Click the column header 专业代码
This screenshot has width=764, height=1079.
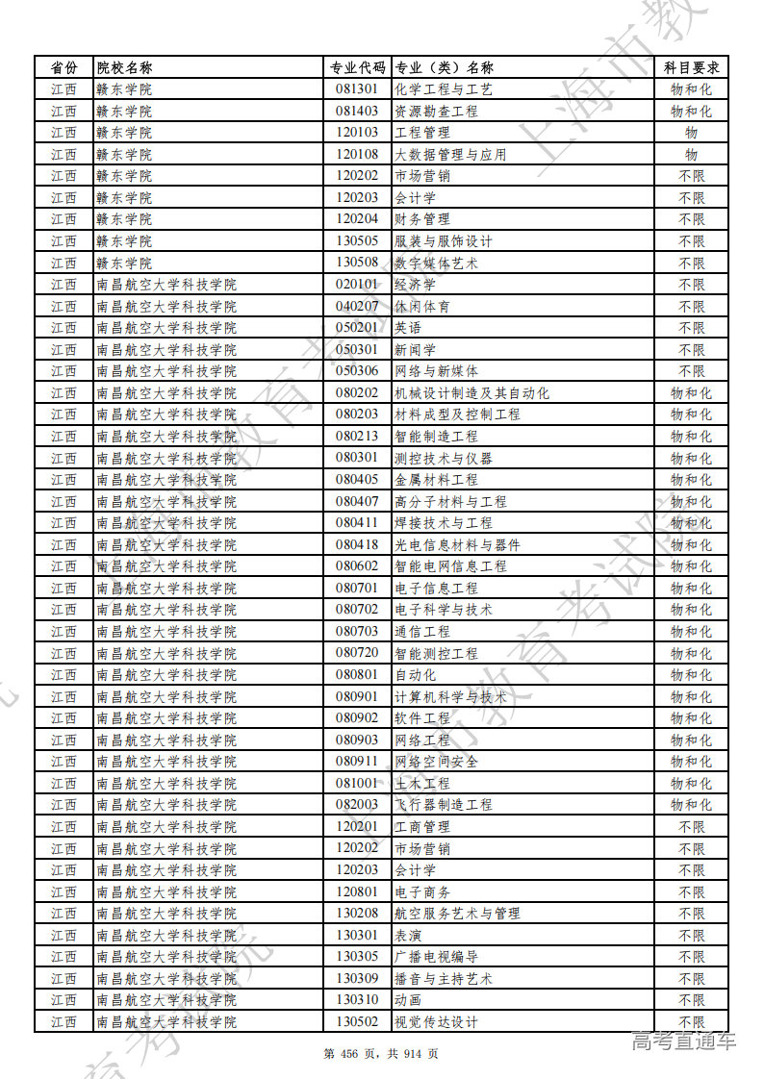tap(357, 67)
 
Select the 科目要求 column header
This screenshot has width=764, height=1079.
tap(691, 67)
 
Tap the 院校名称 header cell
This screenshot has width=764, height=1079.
tap(125, 67)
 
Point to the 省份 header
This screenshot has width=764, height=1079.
tap(64, 67)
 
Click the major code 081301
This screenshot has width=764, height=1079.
tap(357, 89)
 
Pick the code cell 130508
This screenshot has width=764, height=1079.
tap(357, 263)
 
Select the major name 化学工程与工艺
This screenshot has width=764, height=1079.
tap(444, 89)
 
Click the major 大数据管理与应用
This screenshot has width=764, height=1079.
tap(450, 154)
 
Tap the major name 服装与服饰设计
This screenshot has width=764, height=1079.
tap(444, 241)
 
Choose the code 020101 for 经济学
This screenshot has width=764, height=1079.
tap(357, 285)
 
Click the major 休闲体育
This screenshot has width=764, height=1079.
tap(422, 306)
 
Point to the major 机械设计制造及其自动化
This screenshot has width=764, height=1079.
tap(472, 392)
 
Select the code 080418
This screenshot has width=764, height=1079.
tap(357, 544)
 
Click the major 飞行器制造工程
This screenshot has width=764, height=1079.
tap(444, 804)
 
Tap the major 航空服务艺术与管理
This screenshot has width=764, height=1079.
tap(457, 913)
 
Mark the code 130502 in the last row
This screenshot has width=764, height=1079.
tap(357, 1021)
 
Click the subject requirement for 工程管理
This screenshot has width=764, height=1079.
tap(691, 133)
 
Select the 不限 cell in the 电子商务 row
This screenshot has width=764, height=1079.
tap(691, 891)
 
